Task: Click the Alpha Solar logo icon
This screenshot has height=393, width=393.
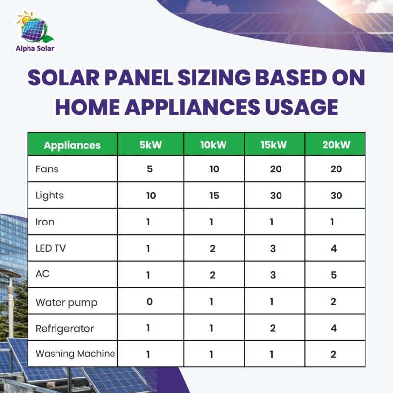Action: (34, 27)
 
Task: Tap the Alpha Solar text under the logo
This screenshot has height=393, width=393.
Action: (34, 48)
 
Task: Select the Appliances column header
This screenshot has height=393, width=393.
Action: (72, 145)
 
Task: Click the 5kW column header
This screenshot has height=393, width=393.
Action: (150, 145)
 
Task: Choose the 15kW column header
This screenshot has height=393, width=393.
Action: (273, 145)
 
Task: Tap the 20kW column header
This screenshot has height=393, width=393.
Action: (334, 145)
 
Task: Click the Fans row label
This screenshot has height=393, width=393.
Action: (47, 169)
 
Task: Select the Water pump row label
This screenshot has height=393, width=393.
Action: (66, 302)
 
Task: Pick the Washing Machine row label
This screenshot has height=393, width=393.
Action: (75, 353)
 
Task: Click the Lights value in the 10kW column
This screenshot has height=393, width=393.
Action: (212, 196)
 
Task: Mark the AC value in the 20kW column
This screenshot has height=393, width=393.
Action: (334, 275)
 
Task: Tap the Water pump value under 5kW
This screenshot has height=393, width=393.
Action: (150, 301)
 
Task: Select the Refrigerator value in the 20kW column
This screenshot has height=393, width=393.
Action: (334, 328)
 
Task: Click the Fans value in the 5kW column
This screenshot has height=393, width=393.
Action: (150, 169)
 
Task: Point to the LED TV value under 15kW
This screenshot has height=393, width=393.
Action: (273, 249)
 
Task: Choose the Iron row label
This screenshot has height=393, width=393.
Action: (45, 222)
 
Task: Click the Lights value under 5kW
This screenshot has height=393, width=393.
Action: (150, 196)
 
